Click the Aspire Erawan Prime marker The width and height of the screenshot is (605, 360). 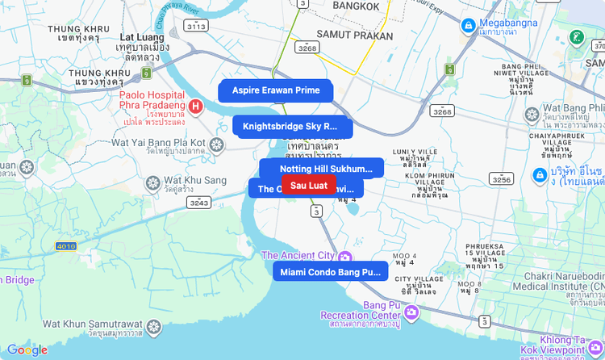click(275, 90)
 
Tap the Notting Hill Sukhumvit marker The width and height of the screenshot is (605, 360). click(326, 169)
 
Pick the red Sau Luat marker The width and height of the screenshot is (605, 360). click(308, 186)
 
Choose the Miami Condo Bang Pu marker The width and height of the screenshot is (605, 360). click(330, 272)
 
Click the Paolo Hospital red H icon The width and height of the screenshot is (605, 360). click(195, 106)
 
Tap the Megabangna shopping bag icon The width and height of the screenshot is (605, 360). click(468, 26)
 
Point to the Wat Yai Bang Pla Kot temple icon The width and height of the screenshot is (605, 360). click(216, 144)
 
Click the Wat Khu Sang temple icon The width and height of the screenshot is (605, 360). click(152, 183)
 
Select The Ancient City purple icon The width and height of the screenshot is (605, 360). click(347, 256)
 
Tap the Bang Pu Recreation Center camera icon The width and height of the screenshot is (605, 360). click(411, 312)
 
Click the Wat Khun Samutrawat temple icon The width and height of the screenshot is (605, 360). click(153, 326)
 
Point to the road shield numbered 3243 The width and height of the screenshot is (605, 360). click(198, 203)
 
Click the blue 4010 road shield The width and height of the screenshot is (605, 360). click(66, 245)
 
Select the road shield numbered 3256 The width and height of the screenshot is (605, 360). click(501, 179)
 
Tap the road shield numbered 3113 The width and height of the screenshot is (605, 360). click(195, 27)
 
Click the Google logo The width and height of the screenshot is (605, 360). click(27, 350)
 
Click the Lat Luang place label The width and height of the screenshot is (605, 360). click(141, 37)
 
